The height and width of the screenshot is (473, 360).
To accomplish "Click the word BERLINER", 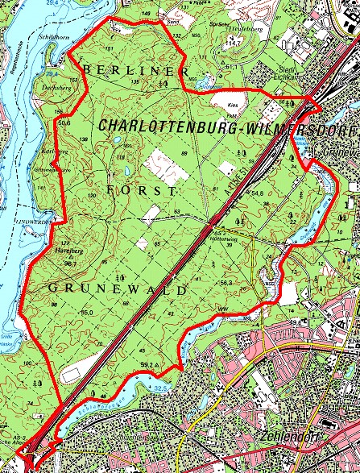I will (134, 71).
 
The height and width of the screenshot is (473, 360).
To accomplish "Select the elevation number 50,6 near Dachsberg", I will (65, 122).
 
